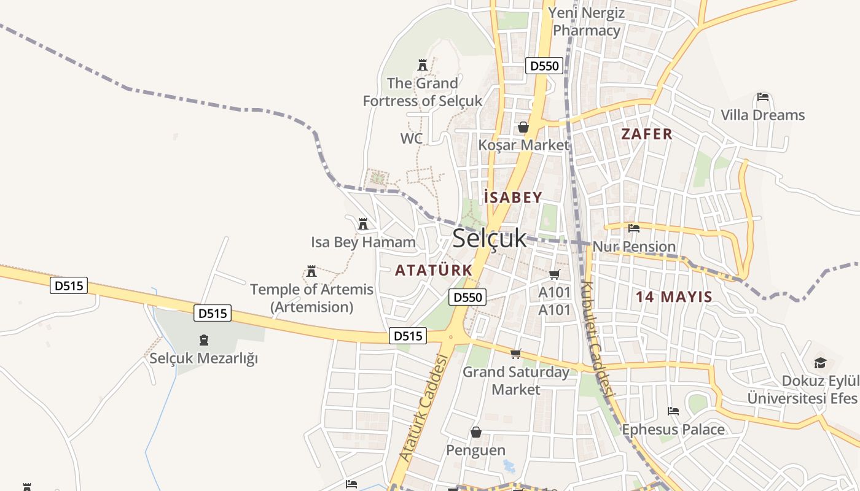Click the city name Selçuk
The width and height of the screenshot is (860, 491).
point(490,239)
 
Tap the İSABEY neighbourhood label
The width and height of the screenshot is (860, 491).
point(513,198)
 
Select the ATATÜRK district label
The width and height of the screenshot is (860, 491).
point(434,270)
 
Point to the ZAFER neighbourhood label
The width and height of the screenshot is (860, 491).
point(647,134)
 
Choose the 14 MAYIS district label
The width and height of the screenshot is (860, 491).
point(674,297)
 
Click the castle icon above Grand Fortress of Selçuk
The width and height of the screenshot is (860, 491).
point(423,64)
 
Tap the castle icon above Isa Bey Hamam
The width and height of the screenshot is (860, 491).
point(363,224)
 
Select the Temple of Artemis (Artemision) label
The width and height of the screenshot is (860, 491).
point(312,298)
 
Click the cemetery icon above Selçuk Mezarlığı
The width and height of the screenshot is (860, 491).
point(204,340)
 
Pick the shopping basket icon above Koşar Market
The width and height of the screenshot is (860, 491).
point(523,127)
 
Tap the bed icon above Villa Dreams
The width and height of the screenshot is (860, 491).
point(763,97)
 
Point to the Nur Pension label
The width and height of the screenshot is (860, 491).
point(634,247)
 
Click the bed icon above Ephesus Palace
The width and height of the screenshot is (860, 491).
point(673,411)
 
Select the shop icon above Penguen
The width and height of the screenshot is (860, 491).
point(475,433)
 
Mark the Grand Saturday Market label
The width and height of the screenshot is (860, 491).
point(516,381)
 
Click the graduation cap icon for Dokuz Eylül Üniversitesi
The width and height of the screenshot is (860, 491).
point(820,363)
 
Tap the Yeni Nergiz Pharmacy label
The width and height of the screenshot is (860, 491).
point(587,21)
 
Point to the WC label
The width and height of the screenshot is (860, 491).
point(412,139)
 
